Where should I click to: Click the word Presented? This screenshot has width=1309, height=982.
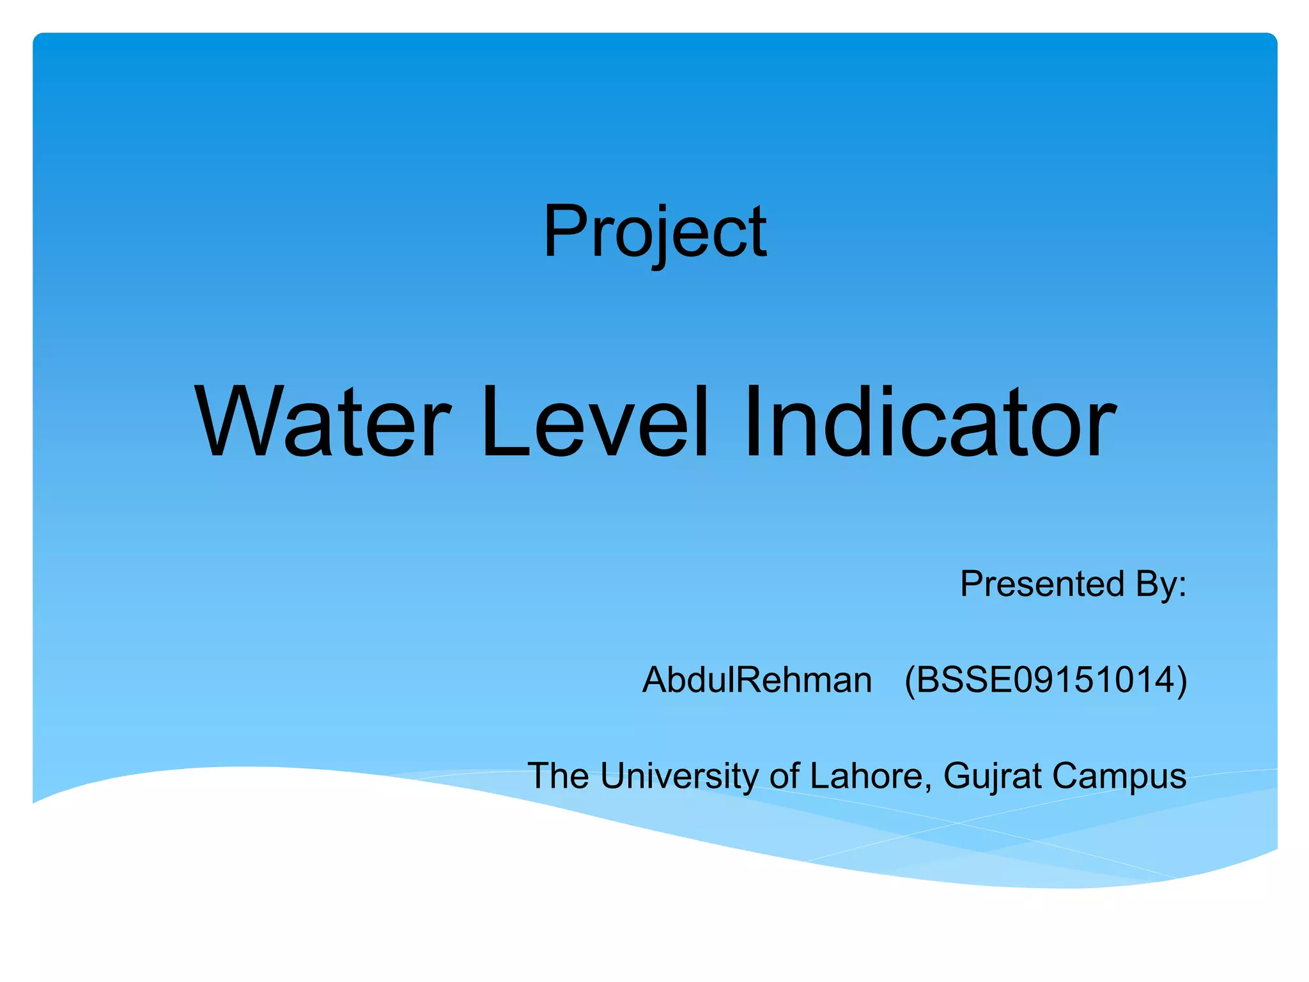(x=1042, y=584)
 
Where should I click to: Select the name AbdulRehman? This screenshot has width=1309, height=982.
(x=757, y=680)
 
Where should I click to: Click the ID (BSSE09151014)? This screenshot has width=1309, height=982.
(x=1046, y=680)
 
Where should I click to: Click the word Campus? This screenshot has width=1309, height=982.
(x=1119, y=776)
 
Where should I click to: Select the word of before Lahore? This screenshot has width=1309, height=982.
(x=784, y=776)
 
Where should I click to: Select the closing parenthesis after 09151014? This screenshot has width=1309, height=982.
(x=1182, y=680)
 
